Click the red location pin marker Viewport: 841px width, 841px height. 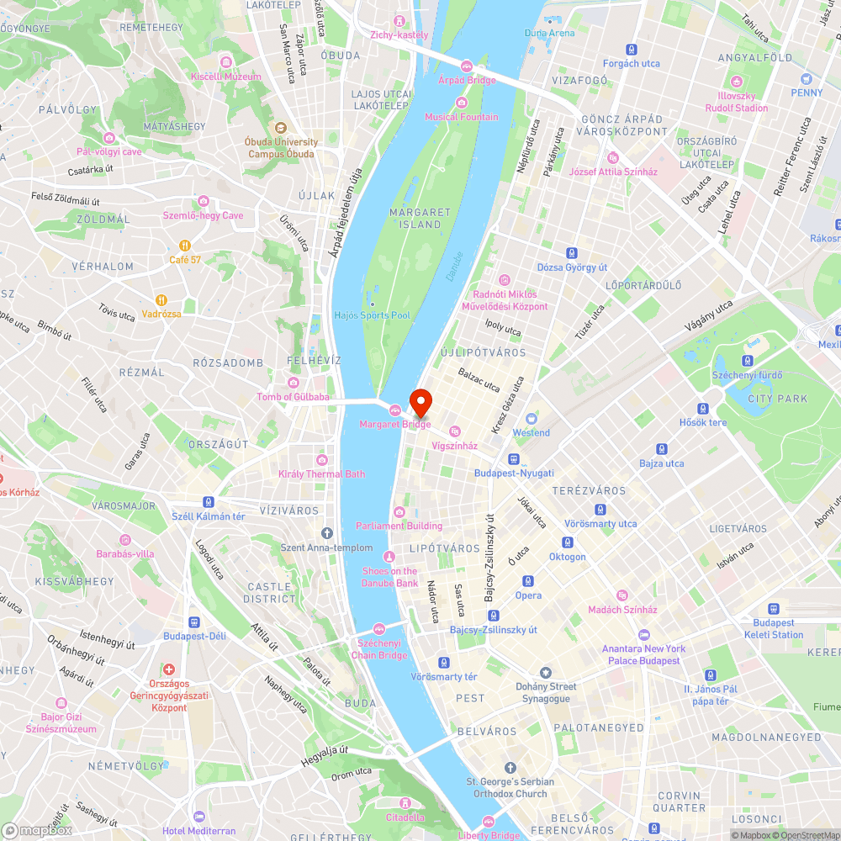420,402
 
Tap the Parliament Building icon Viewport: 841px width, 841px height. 399,512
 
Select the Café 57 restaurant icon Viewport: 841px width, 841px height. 184,246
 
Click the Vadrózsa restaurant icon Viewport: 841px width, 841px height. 161,300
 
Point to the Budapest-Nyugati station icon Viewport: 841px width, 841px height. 513,459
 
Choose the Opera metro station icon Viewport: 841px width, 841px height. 528,581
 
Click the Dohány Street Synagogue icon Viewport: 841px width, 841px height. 546,673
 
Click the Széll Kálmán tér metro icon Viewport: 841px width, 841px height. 208,501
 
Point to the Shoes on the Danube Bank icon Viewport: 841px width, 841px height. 389,557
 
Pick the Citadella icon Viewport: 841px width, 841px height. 405,803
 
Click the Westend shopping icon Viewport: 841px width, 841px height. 531,419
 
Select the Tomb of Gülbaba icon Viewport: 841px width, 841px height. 293,383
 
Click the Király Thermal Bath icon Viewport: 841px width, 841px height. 321,460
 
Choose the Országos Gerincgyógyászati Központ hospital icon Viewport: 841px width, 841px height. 169,670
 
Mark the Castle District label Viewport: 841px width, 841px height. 269,592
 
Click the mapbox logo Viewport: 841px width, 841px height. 37,830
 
